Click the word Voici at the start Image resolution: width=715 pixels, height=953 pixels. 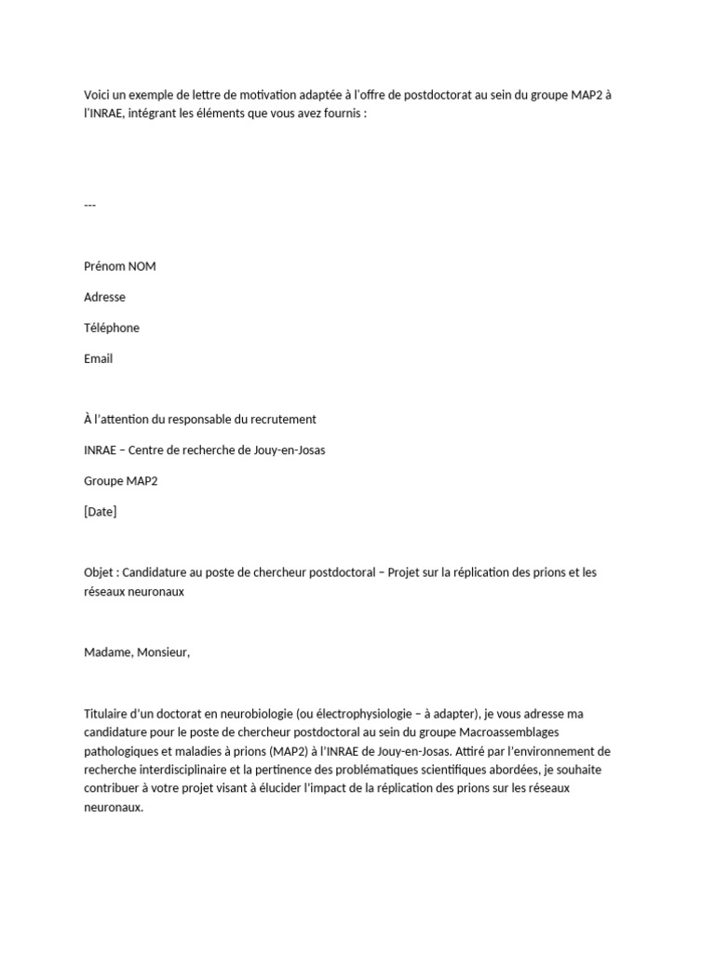pos(98,95)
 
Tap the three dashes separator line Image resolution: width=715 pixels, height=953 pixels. pos(90,205)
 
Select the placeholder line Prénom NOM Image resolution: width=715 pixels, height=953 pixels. pos(120,266)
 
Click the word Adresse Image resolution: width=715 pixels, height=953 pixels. pos(104,297)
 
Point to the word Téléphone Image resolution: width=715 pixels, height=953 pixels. pos(112,328)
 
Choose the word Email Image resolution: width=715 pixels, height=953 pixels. pos(98,358)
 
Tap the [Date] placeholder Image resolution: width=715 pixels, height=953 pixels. pos(101,511)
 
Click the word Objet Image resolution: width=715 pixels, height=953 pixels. pos(99,572)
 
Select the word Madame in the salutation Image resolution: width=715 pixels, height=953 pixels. pos(108,652)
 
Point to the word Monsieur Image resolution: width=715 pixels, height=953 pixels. pos(163,652)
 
